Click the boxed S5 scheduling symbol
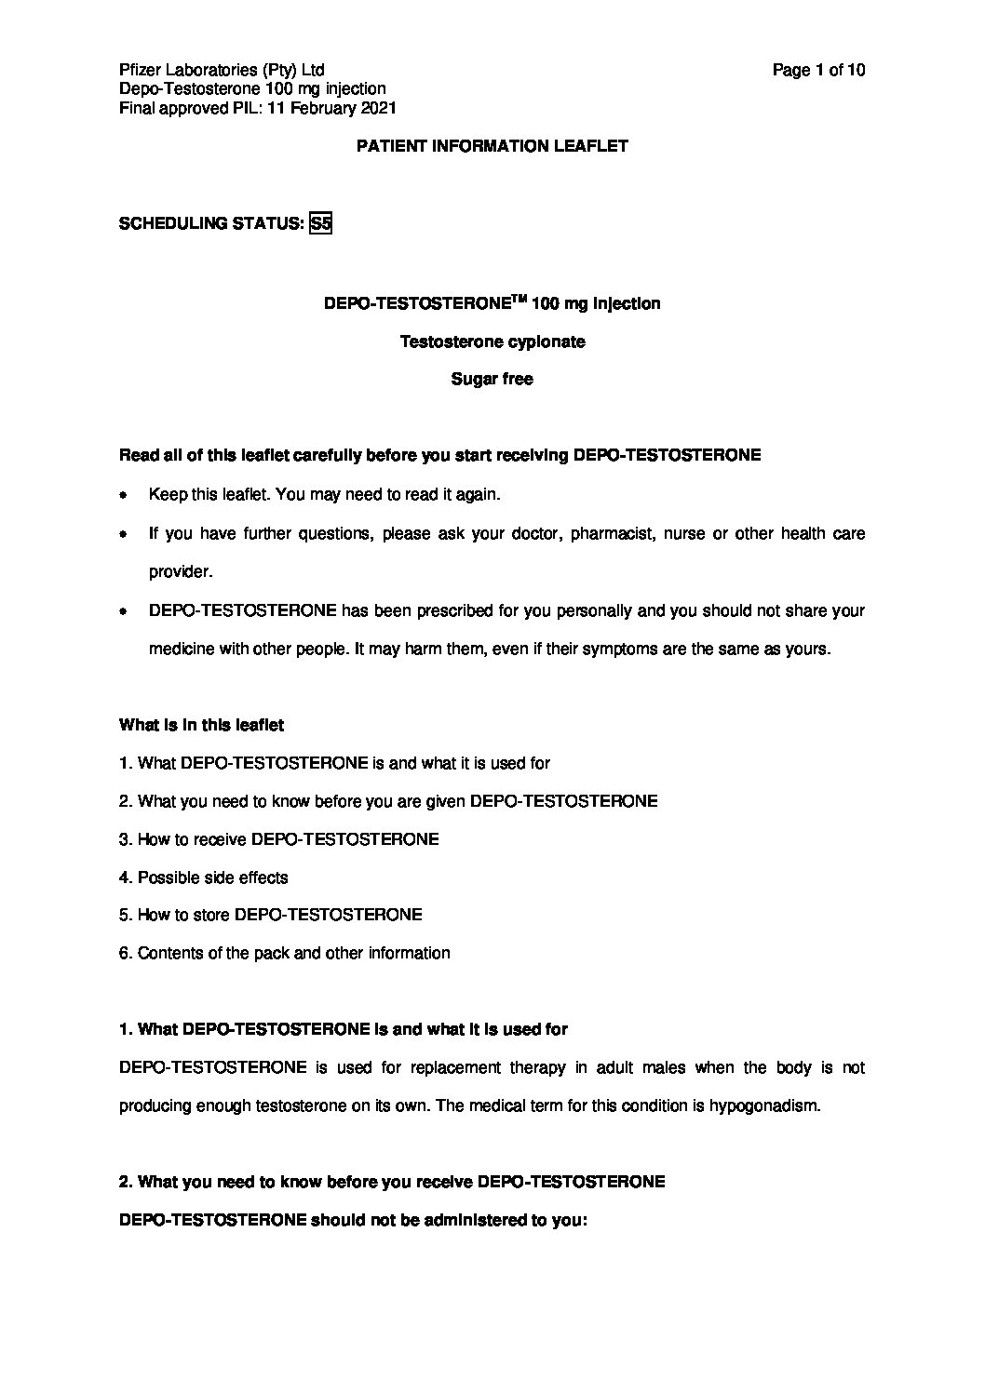click(320, 223)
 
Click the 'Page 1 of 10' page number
click(819, 70)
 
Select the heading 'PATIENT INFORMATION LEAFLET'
click(492, 146)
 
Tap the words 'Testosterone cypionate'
click(492, 342)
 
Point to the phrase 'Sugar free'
click(492, 380)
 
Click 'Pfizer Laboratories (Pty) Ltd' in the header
click(222, 70)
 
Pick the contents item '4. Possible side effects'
click(204, 877)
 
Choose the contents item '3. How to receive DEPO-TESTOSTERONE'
click(279, 839)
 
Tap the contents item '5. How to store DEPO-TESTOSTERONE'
click(271, 915)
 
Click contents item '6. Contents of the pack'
click(285, 953)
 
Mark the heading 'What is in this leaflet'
click(202, 725)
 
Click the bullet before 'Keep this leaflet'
click(124, 496)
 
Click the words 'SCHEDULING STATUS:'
click(212, 223)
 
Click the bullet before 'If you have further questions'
click(124, 535)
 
